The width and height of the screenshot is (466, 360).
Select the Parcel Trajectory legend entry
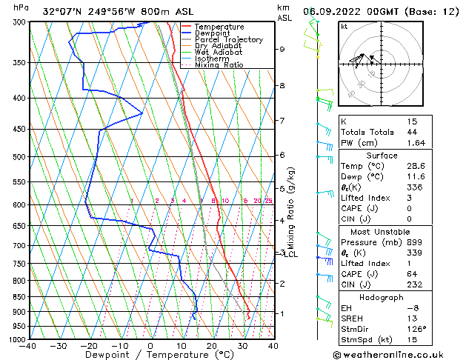[x=228, y=40]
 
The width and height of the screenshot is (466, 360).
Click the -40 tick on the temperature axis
[x=29, y=346]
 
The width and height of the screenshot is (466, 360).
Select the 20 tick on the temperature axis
[x=211, y=346]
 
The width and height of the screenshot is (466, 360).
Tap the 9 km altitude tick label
[x=282, y=49]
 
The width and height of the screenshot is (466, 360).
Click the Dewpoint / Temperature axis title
[x=150, y=355]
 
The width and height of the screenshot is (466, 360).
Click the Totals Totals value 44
[x=412, y=132]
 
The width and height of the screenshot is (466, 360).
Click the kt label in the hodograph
[x=344, y=26]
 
